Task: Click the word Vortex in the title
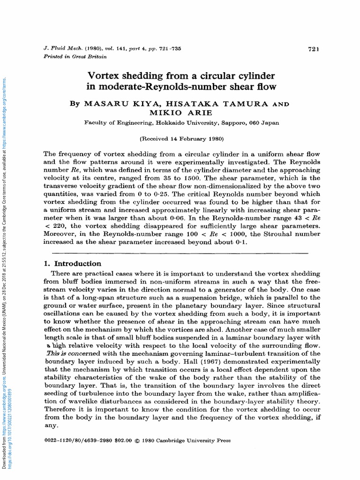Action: click(104, 75)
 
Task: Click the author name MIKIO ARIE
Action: click(181, 113)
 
